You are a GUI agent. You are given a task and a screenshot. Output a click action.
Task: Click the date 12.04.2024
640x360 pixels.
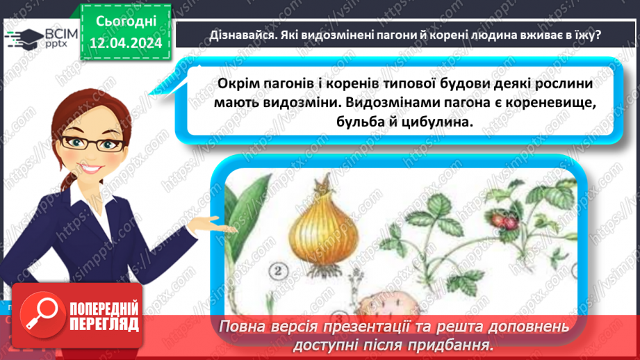coord(126,43)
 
